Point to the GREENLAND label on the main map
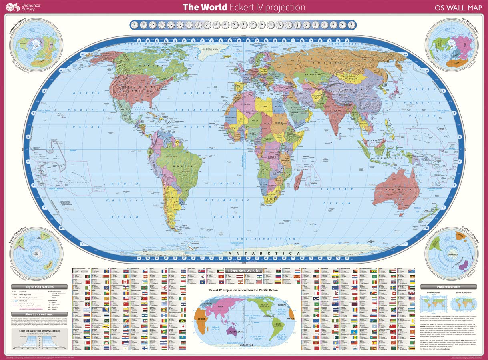pos(210,49)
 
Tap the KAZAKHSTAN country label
pos(312,75)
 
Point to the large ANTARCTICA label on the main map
pos(263,254)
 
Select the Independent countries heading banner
pos(243,271)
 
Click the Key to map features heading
pos(39,287)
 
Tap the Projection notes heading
pos(448,287)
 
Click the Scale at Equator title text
pos(39,332)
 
